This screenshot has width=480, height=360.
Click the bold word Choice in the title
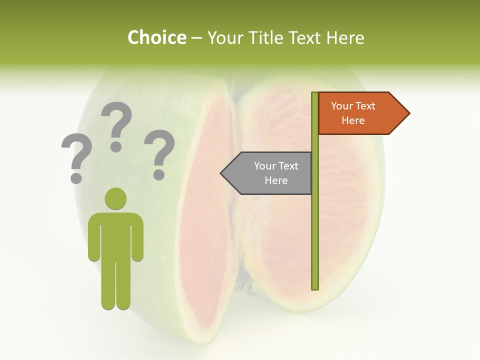pyautogui.click(x=156, y=37)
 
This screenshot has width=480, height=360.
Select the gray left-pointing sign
pyautogui.click(x=270, y=173)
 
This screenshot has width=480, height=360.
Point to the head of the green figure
pyautogui.click(x=115, y=198)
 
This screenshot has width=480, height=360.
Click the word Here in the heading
pyautogui.click(x=345, y=37)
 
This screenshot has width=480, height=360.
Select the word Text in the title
pyautogui.click(x=305, y=37)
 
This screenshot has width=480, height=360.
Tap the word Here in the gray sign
pyautogui.click(x=276, y=180)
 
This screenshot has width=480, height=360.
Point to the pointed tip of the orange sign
pyautogui.click(x=408, y=113)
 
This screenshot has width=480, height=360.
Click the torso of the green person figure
pyautogui.click(x=115, y=235)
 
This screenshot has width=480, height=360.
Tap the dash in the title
pyautogui.click(x=196, y=38)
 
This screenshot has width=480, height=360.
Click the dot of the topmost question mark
pyautogui.click(x=116, y=146)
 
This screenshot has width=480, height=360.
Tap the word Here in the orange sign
pyautogui.click(x=353, y=120)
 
